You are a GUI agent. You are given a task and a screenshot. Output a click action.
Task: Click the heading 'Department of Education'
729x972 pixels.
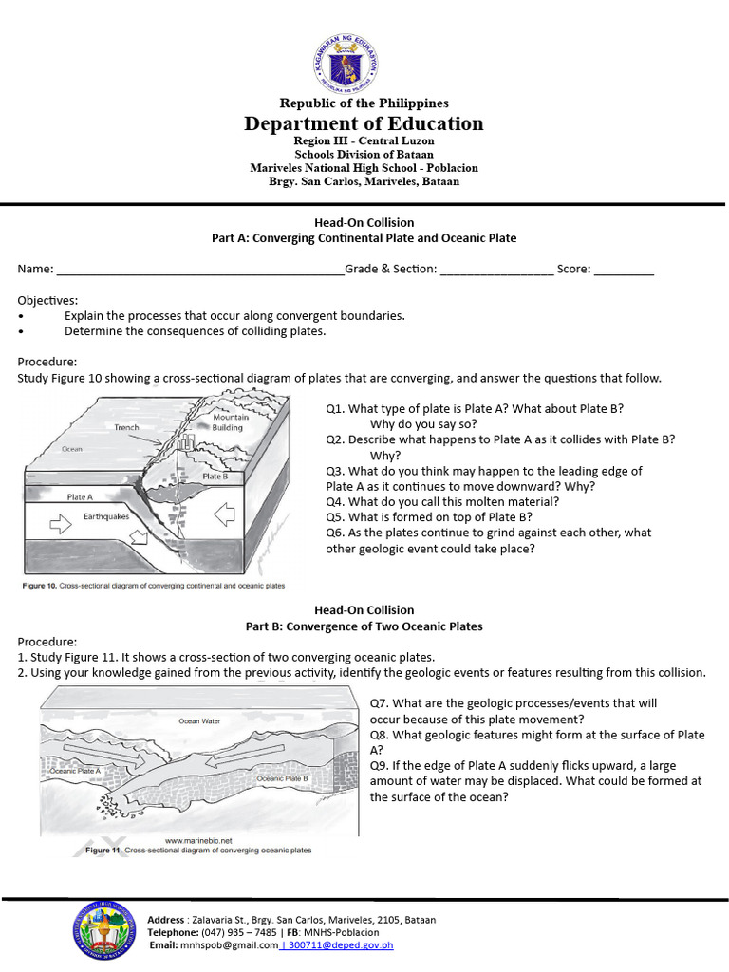click(x=364, y=123)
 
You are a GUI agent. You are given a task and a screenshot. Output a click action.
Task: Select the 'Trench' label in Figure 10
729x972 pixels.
click(x=126, y=428)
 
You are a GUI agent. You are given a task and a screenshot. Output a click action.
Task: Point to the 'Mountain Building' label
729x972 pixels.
click(x=231, y=422)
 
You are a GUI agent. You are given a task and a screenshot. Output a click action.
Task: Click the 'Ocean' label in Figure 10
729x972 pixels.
click(x=71, y=449)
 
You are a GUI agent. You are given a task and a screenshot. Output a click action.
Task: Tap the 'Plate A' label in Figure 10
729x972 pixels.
click(x=80, y=496)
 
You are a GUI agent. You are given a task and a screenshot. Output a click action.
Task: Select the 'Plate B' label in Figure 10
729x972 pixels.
click(x=215, y=477)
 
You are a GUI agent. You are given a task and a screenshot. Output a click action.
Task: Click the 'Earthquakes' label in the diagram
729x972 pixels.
click(x=105, y=517)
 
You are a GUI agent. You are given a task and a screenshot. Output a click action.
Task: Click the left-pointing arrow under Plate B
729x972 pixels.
click(x=224, y=515)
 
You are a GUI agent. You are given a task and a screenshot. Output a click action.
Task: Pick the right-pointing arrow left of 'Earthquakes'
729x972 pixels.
click(x=60, y=521)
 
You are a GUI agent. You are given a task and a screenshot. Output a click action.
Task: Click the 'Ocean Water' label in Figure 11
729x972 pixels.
click(x=199, y=721)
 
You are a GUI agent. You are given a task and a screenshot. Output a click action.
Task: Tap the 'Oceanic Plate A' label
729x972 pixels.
click(x=75, y=772)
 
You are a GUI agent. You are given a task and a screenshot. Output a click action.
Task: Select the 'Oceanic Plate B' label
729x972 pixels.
click(x=283, y=778)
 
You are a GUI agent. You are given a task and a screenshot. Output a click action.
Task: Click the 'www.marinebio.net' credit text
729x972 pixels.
click(x=198, y=840)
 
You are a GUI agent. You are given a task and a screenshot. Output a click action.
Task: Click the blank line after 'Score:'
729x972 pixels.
click(x=625, y=270)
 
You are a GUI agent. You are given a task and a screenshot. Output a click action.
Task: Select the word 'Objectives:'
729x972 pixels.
click(x=47, y=300)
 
